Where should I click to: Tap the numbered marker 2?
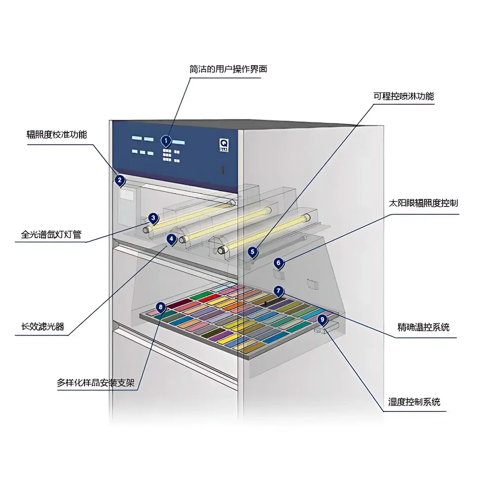point(120,180)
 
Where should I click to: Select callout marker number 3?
point(153,218)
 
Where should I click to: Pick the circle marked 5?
point(253,252)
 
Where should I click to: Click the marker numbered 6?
point(279,263)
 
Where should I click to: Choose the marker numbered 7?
point(279,291)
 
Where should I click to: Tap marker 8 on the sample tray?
point(161,307)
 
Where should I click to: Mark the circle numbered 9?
point(322,320)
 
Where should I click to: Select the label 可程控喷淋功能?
point(404,96)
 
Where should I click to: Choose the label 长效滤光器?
point(42,327)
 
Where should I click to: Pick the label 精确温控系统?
point(423,327)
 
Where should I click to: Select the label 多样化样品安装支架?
point(96,383)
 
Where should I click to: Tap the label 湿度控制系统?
point(413,402)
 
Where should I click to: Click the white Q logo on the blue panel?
point(223,142)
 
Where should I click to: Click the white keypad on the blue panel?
point(169,155)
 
